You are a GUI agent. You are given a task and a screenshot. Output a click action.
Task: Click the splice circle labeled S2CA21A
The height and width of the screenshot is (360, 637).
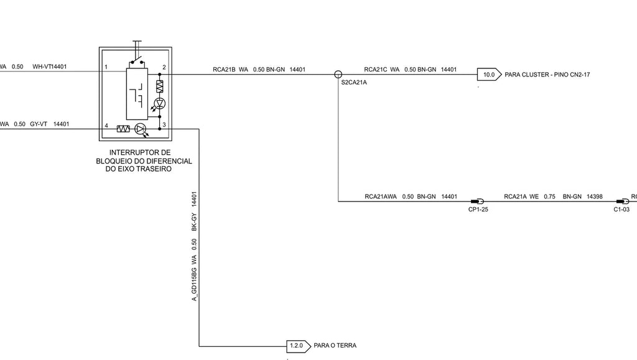[338, 74]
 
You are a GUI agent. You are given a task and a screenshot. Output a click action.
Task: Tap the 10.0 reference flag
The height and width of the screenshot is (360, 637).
[489, 75]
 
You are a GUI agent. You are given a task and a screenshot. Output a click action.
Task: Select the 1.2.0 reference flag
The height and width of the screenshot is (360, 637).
[299, 346]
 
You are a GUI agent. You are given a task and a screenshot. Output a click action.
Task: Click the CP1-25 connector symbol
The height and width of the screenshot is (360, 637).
[477, 201]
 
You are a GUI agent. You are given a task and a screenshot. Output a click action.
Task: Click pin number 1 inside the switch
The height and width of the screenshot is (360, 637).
[106, 67]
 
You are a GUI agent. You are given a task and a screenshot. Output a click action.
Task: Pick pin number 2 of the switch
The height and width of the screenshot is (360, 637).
[164, 67]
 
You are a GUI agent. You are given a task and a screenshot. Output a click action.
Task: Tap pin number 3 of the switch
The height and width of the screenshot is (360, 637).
[164, 124]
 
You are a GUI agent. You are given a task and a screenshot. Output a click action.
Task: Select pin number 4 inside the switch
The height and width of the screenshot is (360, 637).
[106, 126]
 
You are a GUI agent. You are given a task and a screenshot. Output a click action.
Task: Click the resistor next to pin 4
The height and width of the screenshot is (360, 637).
[123, 129]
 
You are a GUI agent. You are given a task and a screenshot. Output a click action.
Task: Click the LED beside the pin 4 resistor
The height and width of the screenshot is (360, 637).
[140, 129]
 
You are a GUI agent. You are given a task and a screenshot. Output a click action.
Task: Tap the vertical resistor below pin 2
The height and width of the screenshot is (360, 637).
[160, 86]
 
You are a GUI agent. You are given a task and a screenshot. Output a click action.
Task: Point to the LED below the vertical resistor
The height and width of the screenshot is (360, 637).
[160, 103]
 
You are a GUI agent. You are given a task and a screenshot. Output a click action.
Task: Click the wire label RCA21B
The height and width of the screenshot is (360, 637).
[224, 70]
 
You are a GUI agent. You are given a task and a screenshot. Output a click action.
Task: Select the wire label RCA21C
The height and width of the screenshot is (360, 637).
[375, 70]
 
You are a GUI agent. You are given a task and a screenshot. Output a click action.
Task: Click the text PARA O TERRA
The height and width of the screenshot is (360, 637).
[335, 346]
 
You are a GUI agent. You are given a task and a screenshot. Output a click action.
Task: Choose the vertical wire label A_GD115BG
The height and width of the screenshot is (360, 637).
[194, 284]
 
